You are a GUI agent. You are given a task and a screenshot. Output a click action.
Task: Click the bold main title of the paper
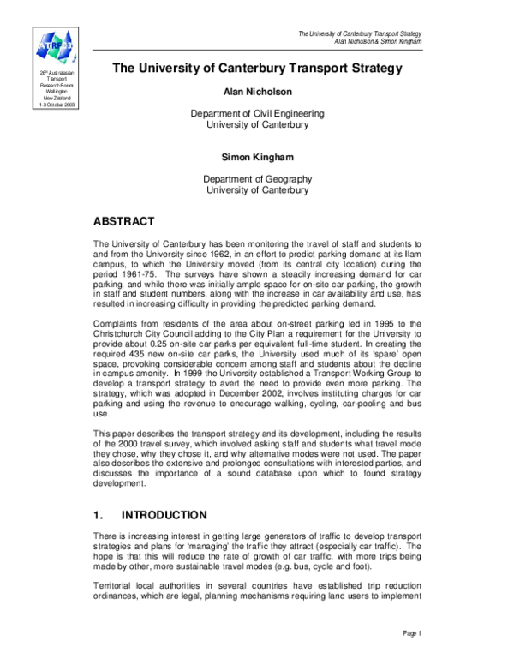tap(258, 68)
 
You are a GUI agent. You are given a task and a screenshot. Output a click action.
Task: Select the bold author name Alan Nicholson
tap(258, 91)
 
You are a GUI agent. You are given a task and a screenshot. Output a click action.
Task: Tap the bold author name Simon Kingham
tap(258, 159)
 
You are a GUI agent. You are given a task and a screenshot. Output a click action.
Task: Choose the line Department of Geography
tap(258, 179)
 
